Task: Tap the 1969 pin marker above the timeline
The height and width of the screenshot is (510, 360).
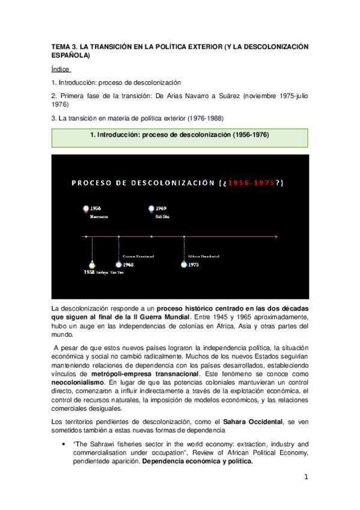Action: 151,209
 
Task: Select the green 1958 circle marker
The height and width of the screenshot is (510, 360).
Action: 91,265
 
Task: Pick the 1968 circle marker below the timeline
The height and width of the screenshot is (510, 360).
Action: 119,265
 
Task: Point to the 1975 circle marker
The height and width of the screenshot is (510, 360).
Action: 184,265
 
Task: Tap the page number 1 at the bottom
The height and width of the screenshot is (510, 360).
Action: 306,478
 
